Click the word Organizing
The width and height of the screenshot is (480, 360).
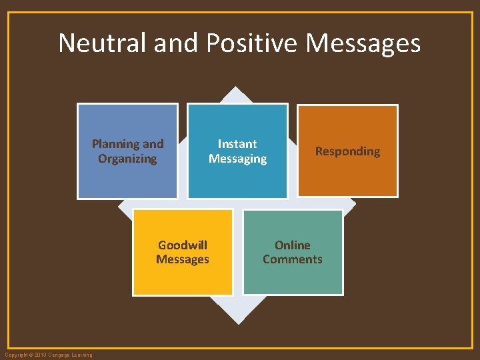pyautogui.click(x=127, y=159)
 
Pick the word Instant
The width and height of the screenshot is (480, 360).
pyautogui.click(x=237, y=144)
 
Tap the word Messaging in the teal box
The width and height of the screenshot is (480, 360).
pyautogui.click(x=237, y=159)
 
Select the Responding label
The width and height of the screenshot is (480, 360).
pyautogui.click(x=347, y=151)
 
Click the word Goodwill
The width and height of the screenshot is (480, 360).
pyautogui.click(x=183, y=245)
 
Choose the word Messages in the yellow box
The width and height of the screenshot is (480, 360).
pyautogui.click(x=183, y=259)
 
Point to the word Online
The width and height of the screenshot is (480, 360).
pyautogui.click(x=293, y=245)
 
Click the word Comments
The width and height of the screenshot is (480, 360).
pyautogui.click(x=293, y=259)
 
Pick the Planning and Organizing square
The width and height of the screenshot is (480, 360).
pyautogui.click(x=127, y=180)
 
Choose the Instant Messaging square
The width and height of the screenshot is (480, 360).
pyautogui.click(x=237, y=180)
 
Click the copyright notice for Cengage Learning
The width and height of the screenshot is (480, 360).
pyautogui.click(x=48, y=355)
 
